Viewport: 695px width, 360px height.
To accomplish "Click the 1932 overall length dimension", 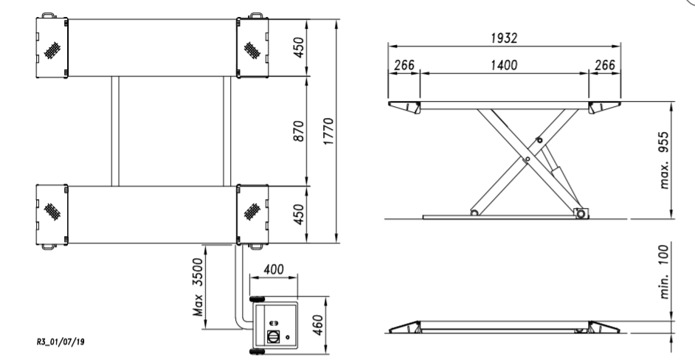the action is [x=504, y=38].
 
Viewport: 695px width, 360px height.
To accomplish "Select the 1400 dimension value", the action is [x=504, y=66].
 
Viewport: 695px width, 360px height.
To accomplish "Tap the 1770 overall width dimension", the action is [x=328, y=131].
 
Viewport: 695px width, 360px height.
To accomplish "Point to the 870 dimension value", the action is [x=300, y=131].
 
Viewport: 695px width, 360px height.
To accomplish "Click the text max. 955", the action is [x=663, y=160].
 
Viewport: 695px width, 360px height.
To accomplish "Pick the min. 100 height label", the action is [x=663, y=271].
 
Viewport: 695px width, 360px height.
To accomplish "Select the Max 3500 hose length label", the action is [x=198, y=287].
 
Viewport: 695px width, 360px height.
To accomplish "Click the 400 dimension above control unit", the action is [x=274, y=269].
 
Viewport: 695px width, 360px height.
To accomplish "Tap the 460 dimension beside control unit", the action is [x=318, y=325].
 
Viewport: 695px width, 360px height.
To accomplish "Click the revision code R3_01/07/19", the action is [x=60, y=342].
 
